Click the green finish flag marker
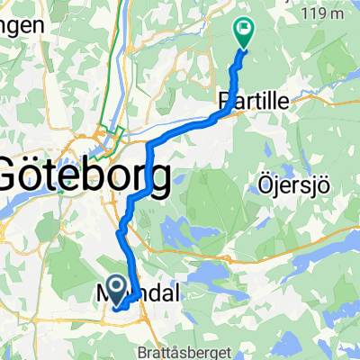243,32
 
